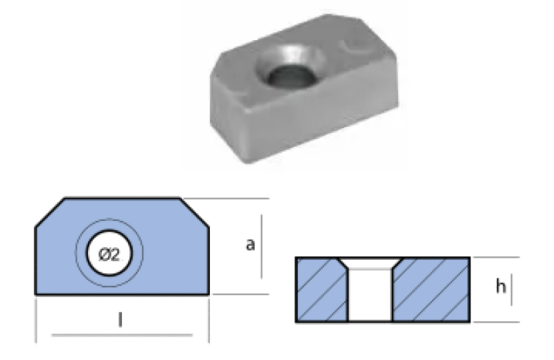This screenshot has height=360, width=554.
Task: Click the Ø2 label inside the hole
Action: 109,254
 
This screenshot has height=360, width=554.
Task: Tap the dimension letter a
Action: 250,244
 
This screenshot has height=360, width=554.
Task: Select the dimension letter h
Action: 501,286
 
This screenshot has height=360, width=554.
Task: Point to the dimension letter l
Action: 120,320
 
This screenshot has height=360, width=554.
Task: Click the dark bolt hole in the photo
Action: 291,76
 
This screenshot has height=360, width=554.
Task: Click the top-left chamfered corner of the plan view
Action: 50,213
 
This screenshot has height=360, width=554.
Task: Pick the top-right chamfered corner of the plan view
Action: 195,213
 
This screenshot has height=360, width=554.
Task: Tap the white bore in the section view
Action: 370,294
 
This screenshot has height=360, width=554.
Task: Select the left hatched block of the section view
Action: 321,289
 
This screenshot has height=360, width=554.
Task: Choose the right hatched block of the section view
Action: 431,289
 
